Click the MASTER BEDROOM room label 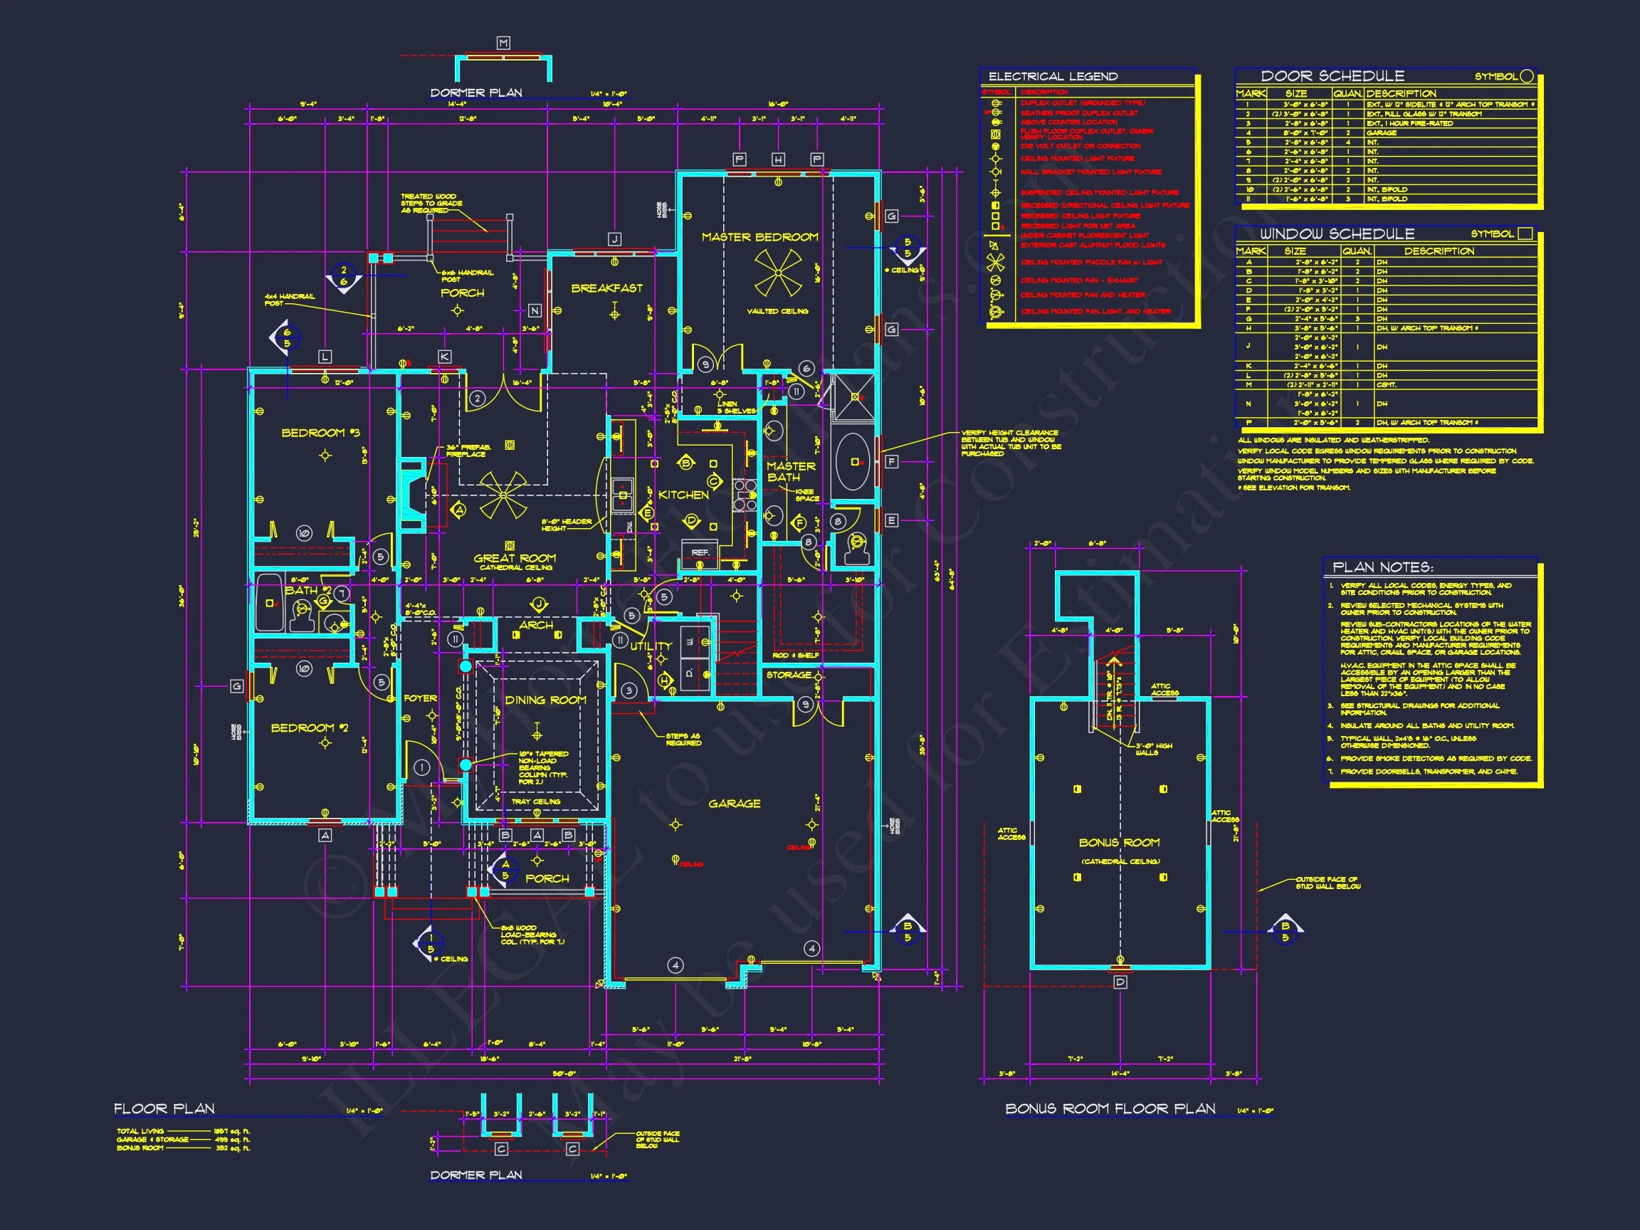coord(760,237)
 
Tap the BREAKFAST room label coord(606,288)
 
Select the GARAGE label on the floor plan coord(734,803)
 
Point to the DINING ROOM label coord(546,700)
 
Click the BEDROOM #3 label coord(320,432)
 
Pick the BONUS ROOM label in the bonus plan coord(1119,842)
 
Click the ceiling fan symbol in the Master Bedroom coord(778,272)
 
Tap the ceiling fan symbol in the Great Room coord(503,495)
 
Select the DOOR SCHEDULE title coord(1332,75)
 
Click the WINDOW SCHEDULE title coord(1337,233)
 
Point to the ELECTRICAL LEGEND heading coord(1053,76)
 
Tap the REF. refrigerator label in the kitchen coord(700,552)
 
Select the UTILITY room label coord(650,646)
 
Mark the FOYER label coord(420,698)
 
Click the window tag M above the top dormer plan coord(503,43)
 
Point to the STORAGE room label coord(789,675)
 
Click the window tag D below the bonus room coord(1120,982)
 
